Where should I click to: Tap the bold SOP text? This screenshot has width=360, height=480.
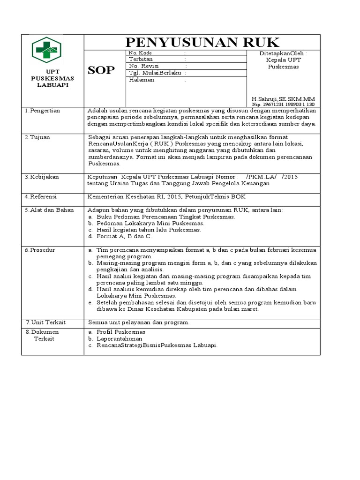point(101,70)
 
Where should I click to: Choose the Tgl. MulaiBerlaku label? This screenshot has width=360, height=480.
point(157,73)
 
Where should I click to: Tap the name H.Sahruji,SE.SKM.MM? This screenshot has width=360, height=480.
point(283,99)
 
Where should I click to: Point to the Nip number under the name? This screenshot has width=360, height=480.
point(283,104)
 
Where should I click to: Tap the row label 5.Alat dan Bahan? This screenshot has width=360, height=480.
point(49,210)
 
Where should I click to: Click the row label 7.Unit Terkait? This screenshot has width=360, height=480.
point(45,322)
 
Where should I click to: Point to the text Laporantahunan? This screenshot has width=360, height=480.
point(119,338)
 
